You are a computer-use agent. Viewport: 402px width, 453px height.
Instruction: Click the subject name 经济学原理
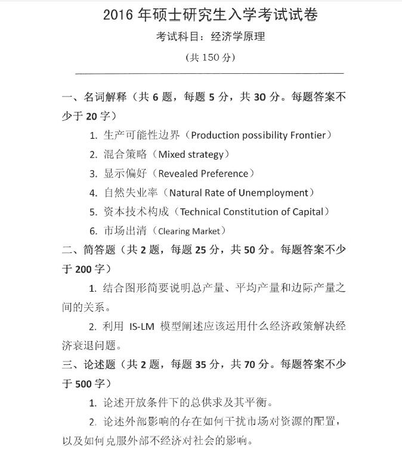[238, 37]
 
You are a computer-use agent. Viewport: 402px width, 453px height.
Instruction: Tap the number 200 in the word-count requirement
[84, 269]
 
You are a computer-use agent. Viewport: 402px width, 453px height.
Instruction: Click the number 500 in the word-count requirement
[84, 383]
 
